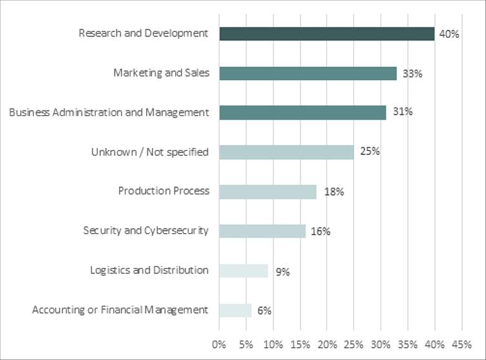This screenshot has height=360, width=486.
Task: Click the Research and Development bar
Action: (x=327, y=34)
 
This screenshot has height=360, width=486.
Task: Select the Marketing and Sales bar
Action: (x=308, y=74)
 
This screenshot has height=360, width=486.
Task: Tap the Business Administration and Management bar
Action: (x=303, y=112)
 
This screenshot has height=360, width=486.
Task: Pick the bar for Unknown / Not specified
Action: (x=287, y=152)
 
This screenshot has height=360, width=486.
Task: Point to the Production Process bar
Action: (x=268, y=192)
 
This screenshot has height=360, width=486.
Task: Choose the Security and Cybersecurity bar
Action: (x=262, y=231)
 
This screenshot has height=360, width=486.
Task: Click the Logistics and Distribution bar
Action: (x=243, y=271)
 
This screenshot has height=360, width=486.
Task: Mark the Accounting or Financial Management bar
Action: (x=236, y=310)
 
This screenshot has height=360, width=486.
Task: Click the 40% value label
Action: (x=449, y=34)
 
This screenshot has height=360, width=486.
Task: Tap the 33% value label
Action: (x=412, y=74)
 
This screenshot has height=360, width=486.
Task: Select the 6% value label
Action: (x=264, y=310)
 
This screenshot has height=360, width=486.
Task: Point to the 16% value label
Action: (x=320, y=231)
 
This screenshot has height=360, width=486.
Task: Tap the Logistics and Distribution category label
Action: (x=149, y=270)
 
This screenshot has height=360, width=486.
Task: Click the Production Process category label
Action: (x=163, y=191)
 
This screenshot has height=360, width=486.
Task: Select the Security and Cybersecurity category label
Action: (x=146, y=230)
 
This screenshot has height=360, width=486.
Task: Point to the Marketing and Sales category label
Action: (x=161, y=73)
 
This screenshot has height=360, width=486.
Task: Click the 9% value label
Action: (x=283, y=271)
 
